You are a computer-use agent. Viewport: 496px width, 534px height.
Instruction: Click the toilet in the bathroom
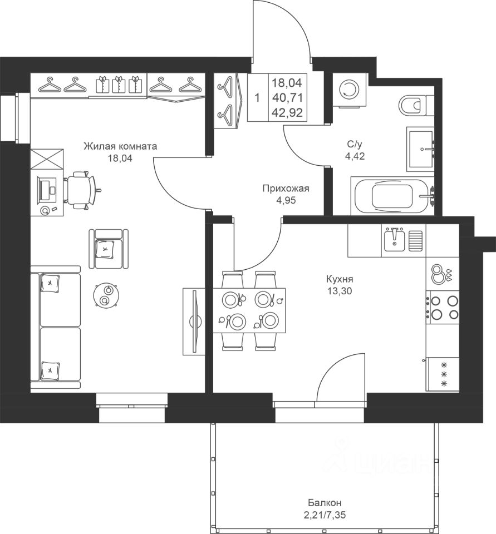tap(412, 105)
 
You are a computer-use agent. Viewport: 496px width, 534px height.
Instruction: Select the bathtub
tap(393, 196)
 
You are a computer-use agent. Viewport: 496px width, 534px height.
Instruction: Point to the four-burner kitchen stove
tap(443, 308)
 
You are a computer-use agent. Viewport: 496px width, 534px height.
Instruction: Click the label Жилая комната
tap(120, 146)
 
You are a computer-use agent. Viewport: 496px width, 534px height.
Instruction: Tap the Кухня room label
tap(340, 279)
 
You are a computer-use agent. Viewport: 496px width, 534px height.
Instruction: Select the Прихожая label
tap(286, 189)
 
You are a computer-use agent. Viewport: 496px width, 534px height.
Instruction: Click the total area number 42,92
tap(287, 113)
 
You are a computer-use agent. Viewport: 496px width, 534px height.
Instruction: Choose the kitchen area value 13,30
tap(340, 290)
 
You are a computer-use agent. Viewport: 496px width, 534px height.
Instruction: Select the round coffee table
tap(105, 295)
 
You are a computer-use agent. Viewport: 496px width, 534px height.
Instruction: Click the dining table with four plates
tap(249, 310)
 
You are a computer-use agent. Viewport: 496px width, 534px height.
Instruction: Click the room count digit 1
tap(257, 98)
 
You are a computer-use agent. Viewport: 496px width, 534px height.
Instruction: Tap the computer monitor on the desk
tap(45, 190)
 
